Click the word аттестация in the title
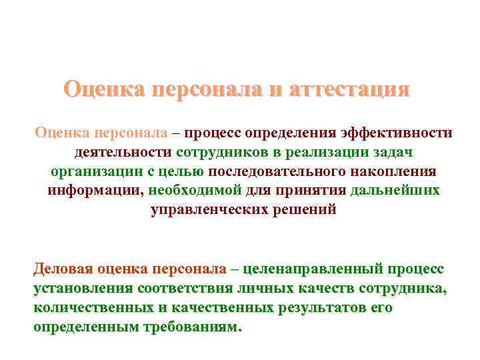(349, 89)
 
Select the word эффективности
(396, 133)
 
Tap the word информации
(95, 191)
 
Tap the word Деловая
(63, 269)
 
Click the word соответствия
(183, 289)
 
